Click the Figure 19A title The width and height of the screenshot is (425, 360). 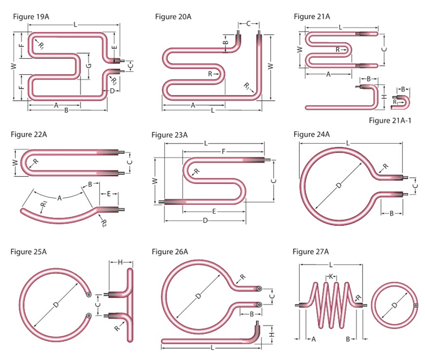click(x=31, y=17)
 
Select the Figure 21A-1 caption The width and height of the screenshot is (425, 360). click(x=390, y=121)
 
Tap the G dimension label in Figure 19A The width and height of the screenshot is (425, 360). click(x=89, y=66)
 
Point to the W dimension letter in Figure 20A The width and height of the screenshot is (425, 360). click(x=270, y=66)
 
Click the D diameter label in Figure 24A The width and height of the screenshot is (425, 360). click(x=339, y=186)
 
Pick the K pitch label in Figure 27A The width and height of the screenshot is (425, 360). click(x=331, y=277)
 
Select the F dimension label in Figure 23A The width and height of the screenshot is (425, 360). click(x=223, y=152)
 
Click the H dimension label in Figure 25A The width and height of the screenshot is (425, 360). click(x=120, y=262)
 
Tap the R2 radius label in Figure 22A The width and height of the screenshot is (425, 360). click(x=104, y=224)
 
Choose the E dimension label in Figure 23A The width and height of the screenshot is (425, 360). click(x=214, y=211)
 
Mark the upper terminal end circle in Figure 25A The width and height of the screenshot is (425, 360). click(x=88, y=294)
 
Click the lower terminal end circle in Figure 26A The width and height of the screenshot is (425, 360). click(x=260, y=305)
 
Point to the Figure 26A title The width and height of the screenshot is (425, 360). click(x=169, y=252)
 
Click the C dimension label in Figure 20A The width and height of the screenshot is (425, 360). click(x=249, y=24)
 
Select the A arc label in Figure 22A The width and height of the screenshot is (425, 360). click(x=59, y=199)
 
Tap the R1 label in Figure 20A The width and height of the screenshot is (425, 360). click(x=246, y=87)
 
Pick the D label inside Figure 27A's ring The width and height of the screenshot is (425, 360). click(x=394, y=305)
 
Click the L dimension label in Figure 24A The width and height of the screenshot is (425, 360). click(x=348, y=143)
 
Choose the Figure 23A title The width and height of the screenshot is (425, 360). click(x=169, y=135)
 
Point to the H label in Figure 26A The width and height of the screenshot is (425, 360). click(x=272, y=335)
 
